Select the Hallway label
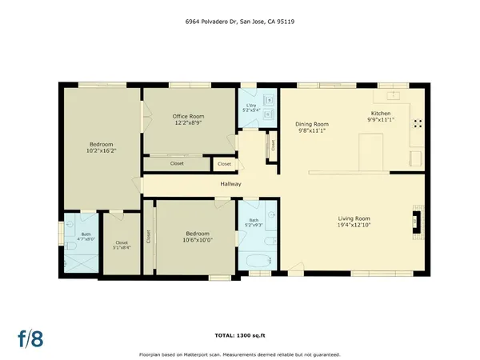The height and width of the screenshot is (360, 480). click(231, 184)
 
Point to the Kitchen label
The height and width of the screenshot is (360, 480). click(380, 114)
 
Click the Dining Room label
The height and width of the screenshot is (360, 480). click(312, 124)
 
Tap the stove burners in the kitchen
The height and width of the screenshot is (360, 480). click(417, 123)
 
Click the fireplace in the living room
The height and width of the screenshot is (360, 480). click(416, 219)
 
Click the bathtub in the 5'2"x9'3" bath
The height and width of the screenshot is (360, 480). click(255, 261)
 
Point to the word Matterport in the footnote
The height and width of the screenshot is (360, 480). click(206, 354)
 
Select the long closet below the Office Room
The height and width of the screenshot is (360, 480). click(176, 163)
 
